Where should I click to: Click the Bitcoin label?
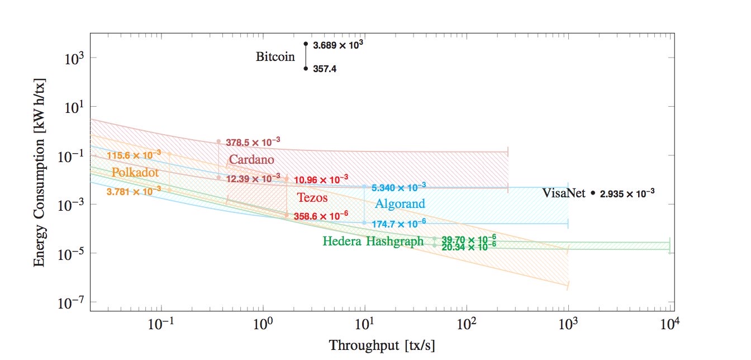tap(275, 56)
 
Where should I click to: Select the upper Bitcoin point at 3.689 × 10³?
tap(306, 44)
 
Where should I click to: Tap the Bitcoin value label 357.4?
tap(325, 69)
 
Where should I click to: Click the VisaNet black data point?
tap(593, 193)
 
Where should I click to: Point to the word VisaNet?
tap(564, 193)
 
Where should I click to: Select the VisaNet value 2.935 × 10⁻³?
tap(627, 194)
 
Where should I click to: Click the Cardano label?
tap(251, 160)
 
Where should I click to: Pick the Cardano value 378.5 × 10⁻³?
tap(253, 143)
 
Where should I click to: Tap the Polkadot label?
tap(135, 172)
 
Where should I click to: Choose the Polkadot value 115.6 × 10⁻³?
tap(134, 155)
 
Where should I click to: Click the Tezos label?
tap(312, 197)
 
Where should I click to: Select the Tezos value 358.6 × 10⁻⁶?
tap(321, 215)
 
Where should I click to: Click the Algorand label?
tap(400, 203)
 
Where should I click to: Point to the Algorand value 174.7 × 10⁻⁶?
tap(398, 222)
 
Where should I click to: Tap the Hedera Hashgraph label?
tap(373, 241)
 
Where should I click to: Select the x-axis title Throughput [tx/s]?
tap(382, 345)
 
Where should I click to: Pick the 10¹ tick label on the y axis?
tap(73, 107)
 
